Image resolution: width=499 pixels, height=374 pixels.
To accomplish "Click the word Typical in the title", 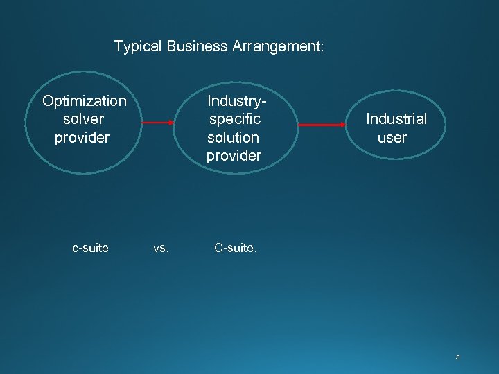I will coord(137,47).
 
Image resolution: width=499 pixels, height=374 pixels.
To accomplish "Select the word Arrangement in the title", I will coord(277,47).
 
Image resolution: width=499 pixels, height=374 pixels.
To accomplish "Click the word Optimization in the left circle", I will coord(85,102).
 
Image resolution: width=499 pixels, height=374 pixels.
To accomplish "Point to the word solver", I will coord(83,119).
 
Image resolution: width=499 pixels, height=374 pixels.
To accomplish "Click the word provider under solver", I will coord(82,137).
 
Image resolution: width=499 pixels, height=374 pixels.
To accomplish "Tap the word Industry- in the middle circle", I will coord(237,102).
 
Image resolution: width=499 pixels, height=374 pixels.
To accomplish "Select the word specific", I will coord(234,119).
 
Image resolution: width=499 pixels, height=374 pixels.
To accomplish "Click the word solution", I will coord(233,137).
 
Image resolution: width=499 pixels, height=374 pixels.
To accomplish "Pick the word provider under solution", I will coord(234,155).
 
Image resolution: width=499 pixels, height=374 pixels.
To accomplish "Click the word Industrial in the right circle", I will coord(396,119).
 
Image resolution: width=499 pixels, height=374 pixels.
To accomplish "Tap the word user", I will coord(392,137).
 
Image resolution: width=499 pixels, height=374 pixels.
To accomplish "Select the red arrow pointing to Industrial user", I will coord(324,125).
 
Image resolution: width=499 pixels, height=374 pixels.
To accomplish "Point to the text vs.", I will coord(161,248).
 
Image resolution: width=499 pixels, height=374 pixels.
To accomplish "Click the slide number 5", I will coord(457,357).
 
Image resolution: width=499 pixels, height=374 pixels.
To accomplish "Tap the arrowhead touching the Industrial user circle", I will coord(347,125).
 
